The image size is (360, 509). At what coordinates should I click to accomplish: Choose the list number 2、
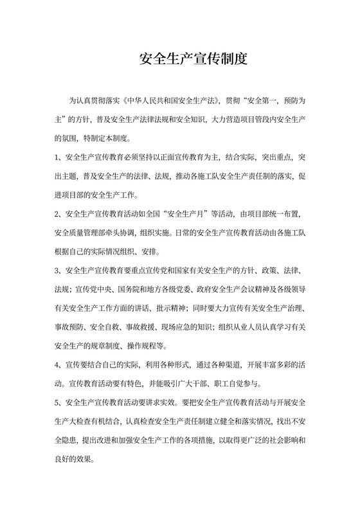pos(59,210)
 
